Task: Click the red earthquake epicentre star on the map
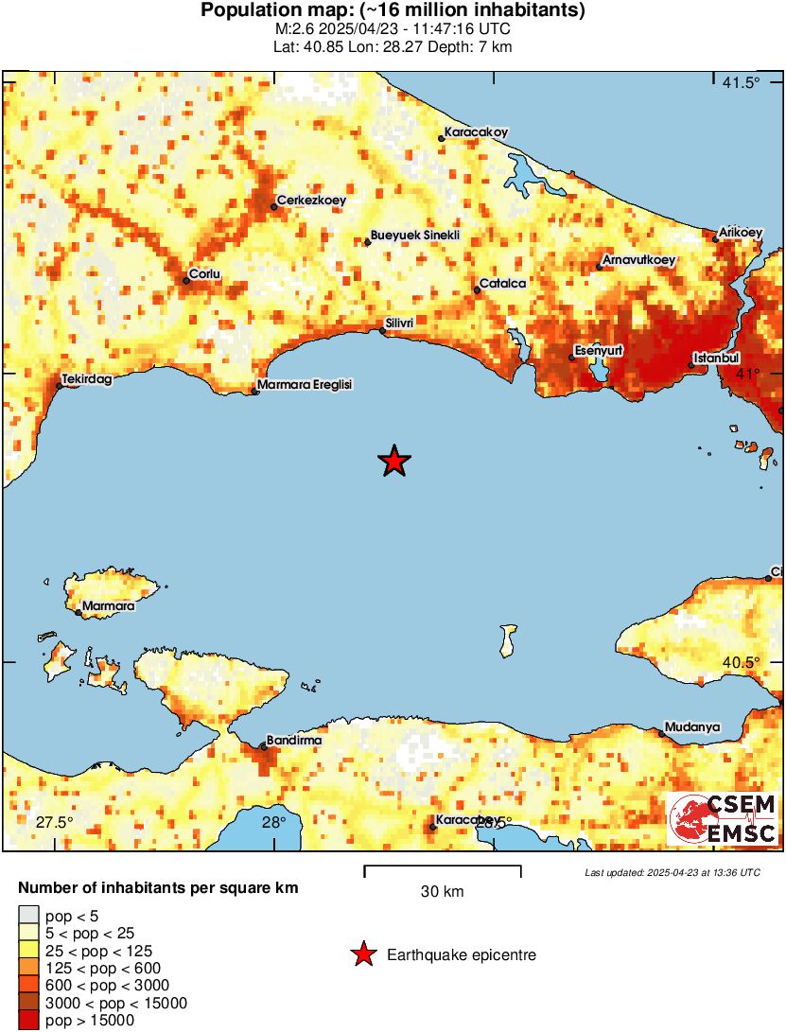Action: pos(394,462)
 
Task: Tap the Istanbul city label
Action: pos(715,359)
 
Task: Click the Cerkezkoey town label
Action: pos(311,201)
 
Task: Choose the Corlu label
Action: pos(205,274)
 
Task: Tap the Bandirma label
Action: pos(294,741)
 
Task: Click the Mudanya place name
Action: pos(692,727)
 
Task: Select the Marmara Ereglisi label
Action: pos(305,385)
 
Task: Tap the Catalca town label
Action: pos(502,283)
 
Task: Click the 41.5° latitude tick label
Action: pos(741,83)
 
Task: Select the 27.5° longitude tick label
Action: pos(54,821)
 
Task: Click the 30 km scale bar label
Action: pos(442,892)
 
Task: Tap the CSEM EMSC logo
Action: pos(724,819)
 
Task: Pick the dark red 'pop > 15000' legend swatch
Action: pos(28,1021)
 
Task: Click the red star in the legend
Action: pos(363,955)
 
